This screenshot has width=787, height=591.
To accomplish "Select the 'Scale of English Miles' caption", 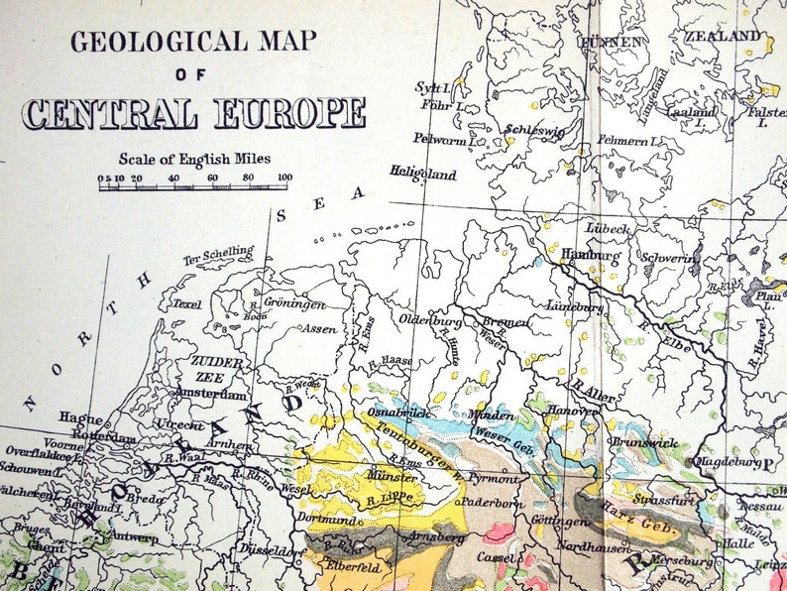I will tap(194, 159).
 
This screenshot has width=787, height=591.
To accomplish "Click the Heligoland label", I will tap(422, 175).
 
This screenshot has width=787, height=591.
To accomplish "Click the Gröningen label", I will tap(295, 303).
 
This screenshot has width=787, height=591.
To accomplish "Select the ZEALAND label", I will tap(724, 37).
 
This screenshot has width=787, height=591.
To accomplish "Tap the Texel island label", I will tap(186, 304).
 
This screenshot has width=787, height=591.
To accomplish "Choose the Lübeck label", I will tap(608, 229).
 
